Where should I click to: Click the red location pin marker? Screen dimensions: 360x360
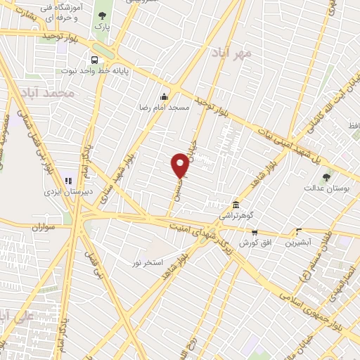(x=180, y=166)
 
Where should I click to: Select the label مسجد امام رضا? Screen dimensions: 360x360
(x=164, y=109)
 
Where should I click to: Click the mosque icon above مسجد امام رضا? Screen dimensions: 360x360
(x=164, y=97)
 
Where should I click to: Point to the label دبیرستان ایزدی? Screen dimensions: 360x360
(x=64, y=191)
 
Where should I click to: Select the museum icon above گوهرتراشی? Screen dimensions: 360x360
(x=233, y=205)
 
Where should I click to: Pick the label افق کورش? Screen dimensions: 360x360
(x=255, y=243)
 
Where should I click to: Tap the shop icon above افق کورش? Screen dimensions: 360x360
(x=255, y=232)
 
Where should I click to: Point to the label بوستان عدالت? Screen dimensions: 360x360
(x=322, y=188)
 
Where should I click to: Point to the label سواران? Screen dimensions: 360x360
(x=42, y=228)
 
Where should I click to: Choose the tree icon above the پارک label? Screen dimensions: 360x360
(x=103, y=15)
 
